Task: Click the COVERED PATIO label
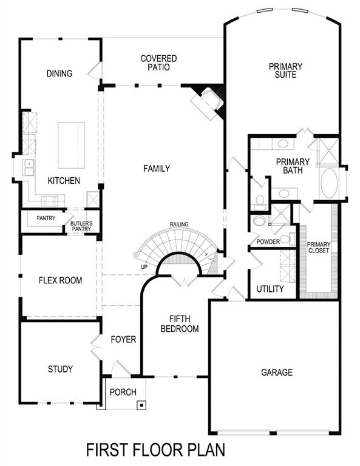point(158,63)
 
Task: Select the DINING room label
point(59,74)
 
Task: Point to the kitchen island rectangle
point(71,145)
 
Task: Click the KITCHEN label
point(64,181)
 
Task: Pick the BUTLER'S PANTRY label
point(81,226)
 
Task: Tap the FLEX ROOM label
point(60,280)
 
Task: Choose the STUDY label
point(60,369)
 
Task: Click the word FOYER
point(123,339)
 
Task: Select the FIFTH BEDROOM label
point(184,323)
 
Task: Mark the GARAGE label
point(277,372)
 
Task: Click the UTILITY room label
point(270,289)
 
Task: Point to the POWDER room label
point(268,241)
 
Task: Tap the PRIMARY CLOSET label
point(319,247)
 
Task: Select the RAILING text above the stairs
point(179,224)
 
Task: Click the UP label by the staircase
point(143,266)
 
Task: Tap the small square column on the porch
point(141,404)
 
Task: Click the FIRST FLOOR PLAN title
point(155,450)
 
